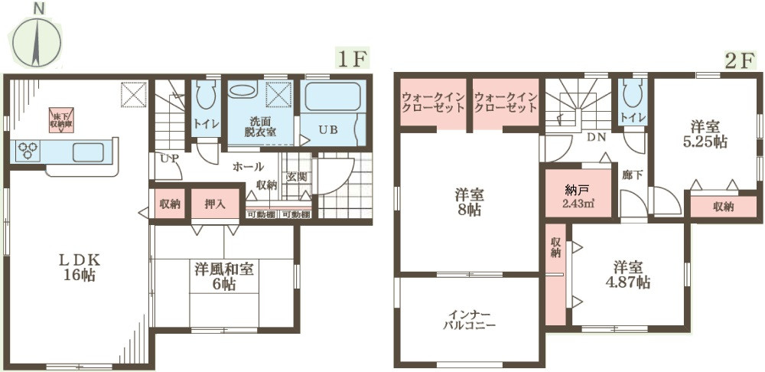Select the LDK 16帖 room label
tap(80, 267)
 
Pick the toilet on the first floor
tap(205, 99)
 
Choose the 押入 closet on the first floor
tap(214, 204)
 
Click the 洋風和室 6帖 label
tap(225, 276)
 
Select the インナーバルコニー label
tap(470, 320)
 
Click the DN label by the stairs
tap(597, 138)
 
